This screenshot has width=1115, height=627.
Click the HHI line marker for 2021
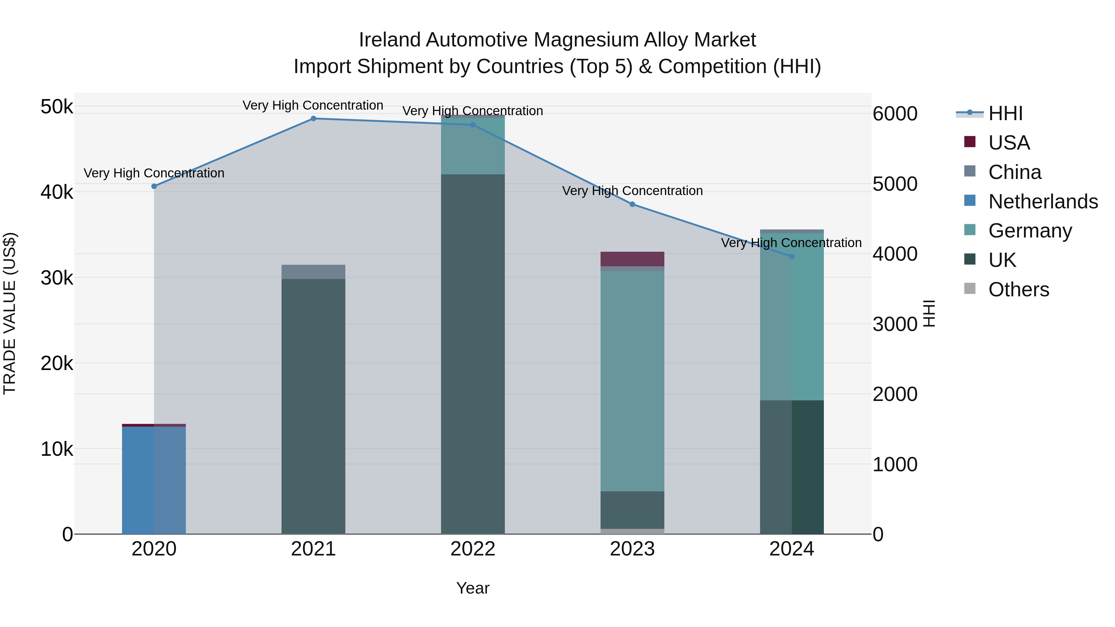(313, 119)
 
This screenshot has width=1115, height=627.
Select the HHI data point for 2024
(792, 257)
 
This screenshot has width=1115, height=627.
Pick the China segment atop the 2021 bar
(313, 272)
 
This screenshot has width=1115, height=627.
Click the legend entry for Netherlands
(1043, 202)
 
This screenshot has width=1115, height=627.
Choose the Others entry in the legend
(1018, 290)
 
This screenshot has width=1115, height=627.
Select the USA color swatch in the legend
(970, 142)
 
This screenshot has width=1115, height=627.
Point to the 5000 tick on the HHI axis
(895, 184)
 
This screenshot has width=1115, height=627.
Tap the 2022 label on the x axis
(473, 549)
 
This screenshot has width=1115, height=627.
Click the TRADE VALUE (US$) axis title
(10, 313)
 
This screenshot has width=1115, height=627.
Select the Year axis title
(473, 588)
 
